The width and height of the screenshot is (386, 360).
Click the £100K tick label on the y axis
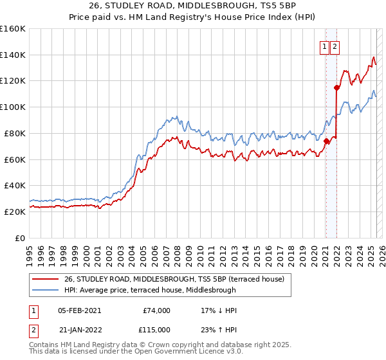point(12,107)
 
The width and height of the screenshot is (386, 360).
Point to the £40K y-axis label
point(14,185)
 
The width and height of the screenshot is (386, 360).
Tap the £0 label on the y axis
point(21,238)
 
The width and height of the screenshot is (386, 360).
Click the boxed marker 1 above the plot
point(325,46)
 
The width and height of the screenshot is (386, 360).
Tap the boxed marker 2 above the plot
point(336,46)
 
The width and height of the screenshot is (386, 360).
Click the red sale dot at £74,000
point(326,141)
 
